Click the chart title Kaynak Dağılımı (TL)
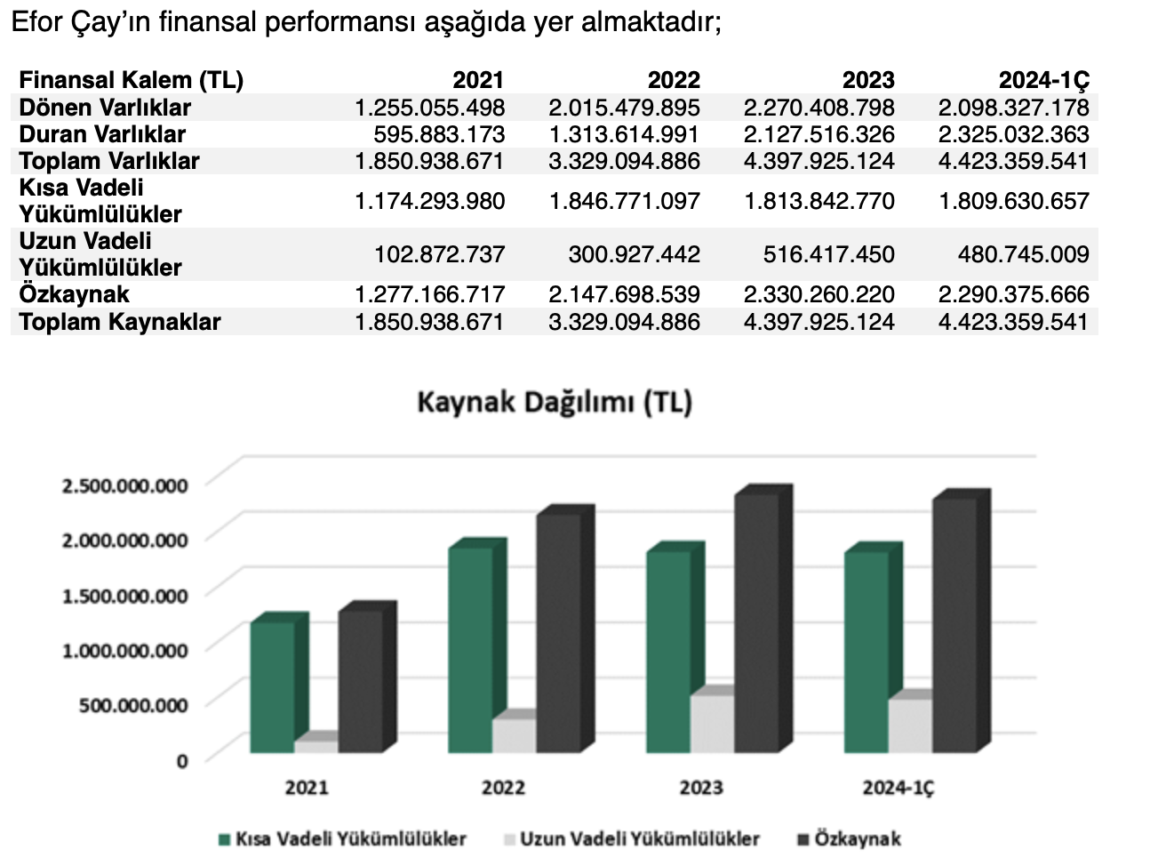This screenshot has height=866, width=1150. click(x=555, y=402)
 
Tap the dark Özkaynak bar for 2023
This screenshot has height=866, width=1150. click(x=757, y=622)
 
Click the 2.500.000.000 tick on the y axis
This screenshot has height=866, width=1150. click(x=125, y=485)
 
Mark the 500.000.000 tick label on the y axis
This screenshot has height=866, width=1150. click(x=125, y=705)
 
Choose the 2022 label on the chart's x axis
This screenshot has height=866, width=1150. click(x=503, y=788)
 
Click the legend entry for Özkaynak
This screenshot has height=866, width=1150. click(x=857, y=838)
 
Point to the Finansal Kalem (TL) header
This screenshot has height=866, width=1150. click(x=132, y=80)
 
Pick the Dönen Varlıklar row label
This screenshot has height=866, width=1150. click(x=105, y=108)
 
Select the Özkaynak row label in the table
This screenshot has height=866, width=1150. click(x=75, y=294)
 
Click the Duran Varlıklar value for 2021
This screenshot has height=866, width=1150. click(x=439, y=134)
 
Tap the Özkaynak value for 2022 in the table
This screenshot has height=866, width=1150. click(x=624, y=294)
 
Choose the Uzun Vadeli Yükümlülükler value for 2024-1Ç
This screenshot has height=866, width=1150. click(x=1023, y=254)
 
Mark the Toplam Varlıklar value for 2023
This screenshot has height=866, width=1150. click(x=819, y=161)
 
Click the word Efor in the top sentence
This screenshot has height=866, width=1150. click(x=36, y=22)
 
